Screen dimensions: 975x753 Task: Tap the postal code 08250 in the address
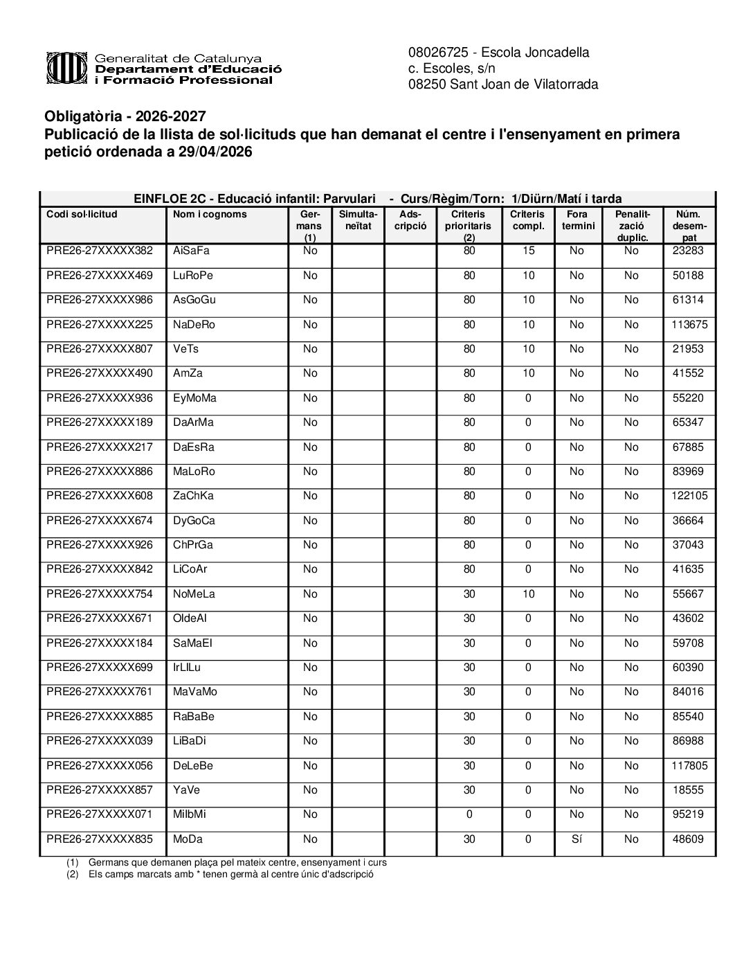pyautogui.click(x=427, y=84)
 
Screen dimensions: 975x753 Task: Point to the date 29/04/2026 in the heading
pyautogui.click(x=215, y=152)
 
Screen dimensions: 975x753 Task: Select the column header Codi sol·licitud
pyautogui.click(x=82, y=214)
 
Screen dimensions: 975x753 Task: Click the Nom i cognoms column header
pyautogui.click(x=210, y=214)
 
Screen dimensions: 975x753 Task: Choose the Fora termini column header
pyautogui.click(x=577, y=220)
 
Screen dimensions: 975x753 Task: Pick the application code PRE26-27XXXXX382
pyautogui.click(x=100, y=251)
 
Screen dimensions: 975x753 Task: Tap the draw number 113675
pyautogui.click(x=689, y=324)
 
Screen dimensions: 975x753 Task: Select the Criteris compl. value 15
pyautogui.click(x=528, y=251)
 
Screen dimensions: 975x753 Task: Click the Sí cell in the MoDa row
pyautogui.click(x=577, y=839)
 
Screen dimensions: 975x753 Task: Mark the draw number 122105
pyautogui.click(x=689, y=496)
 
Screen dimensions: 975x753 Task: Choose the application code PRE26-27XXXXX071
pyautogui.click(x=100, y=814)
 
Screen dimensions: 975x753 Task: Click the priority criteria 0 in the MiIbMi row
pyautogui.click(x=469, y=814)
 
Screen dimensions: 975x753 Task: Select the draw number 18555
pyautogui.click(x=688, y=789)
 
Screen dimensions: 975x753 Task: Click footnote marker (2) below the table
pyautogui.click(x=73, y=874)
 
